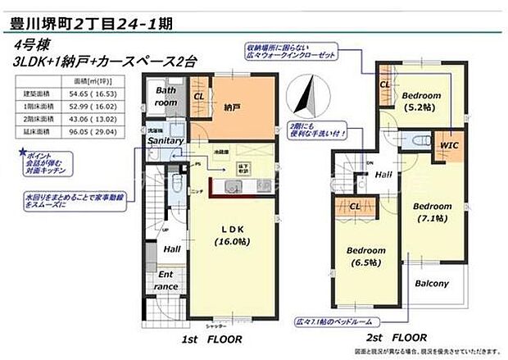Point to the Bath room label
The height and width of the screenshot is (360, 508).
[x=166, y=97]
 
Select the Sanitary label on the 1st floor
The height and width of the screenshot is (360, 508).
[x=166, y=141]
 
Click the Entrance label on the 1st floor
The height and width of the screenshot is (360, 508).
[x=167, y=280]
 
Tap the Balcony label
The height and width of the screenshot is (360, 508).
[x=430, y=284]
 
